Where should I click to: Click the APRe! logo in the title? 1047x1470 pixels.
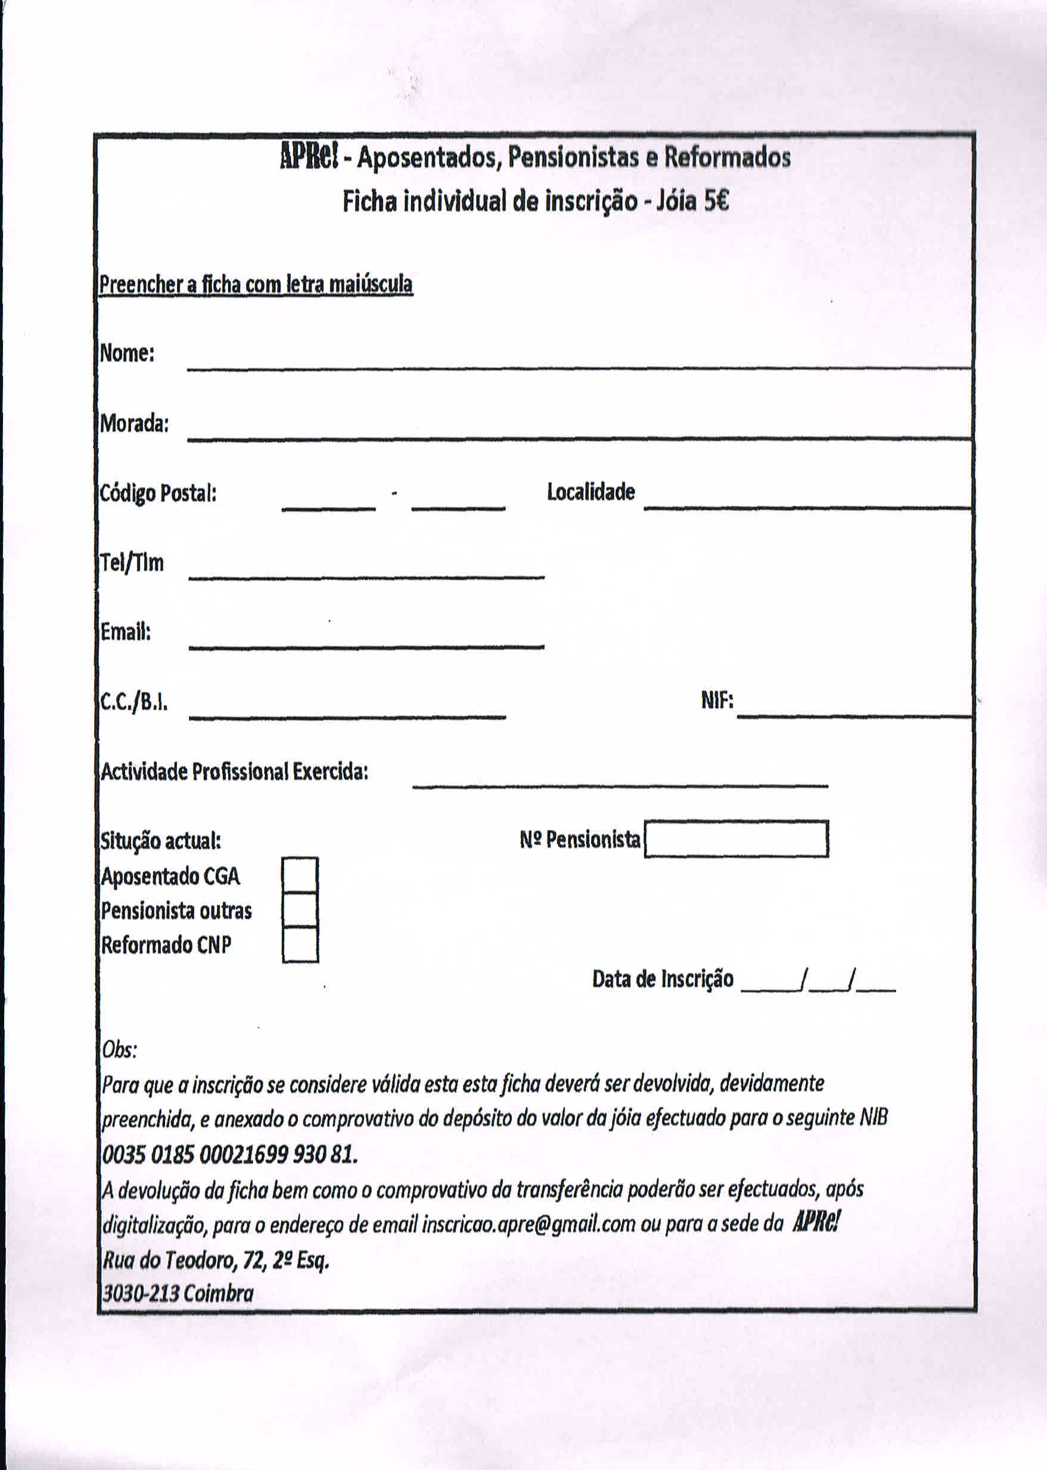tap(309, 157)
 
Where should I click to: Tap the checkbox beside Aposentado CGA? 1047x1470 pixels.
tap(300, 875)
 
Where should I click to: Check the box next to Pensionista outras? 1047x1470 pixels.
tap(300, 910)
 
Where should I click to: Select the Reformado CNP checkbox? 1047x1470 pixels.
tap(300, 945)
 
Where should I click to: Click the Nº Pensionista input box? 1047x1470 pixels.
tap(737, 839)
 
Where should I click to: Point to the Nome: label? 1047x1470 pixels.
tap(127, 353)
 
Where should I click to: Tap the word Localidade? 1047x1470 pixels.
tap(591, 492)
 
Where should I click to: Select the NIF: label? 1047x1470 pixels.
tap(717, 700)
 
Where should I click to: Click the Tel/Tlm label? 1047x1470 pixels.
tap(132, 563)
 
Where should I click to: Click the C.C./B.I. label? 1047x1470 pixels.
tap(134, 702)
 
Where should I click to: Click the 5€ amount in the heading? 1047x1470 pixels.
tap(716, 202)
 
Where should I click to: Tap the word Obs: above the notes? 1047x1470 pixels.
tap(119, 1050)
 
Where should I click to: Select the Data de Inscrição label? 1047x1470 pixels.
tap(663, 979)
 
